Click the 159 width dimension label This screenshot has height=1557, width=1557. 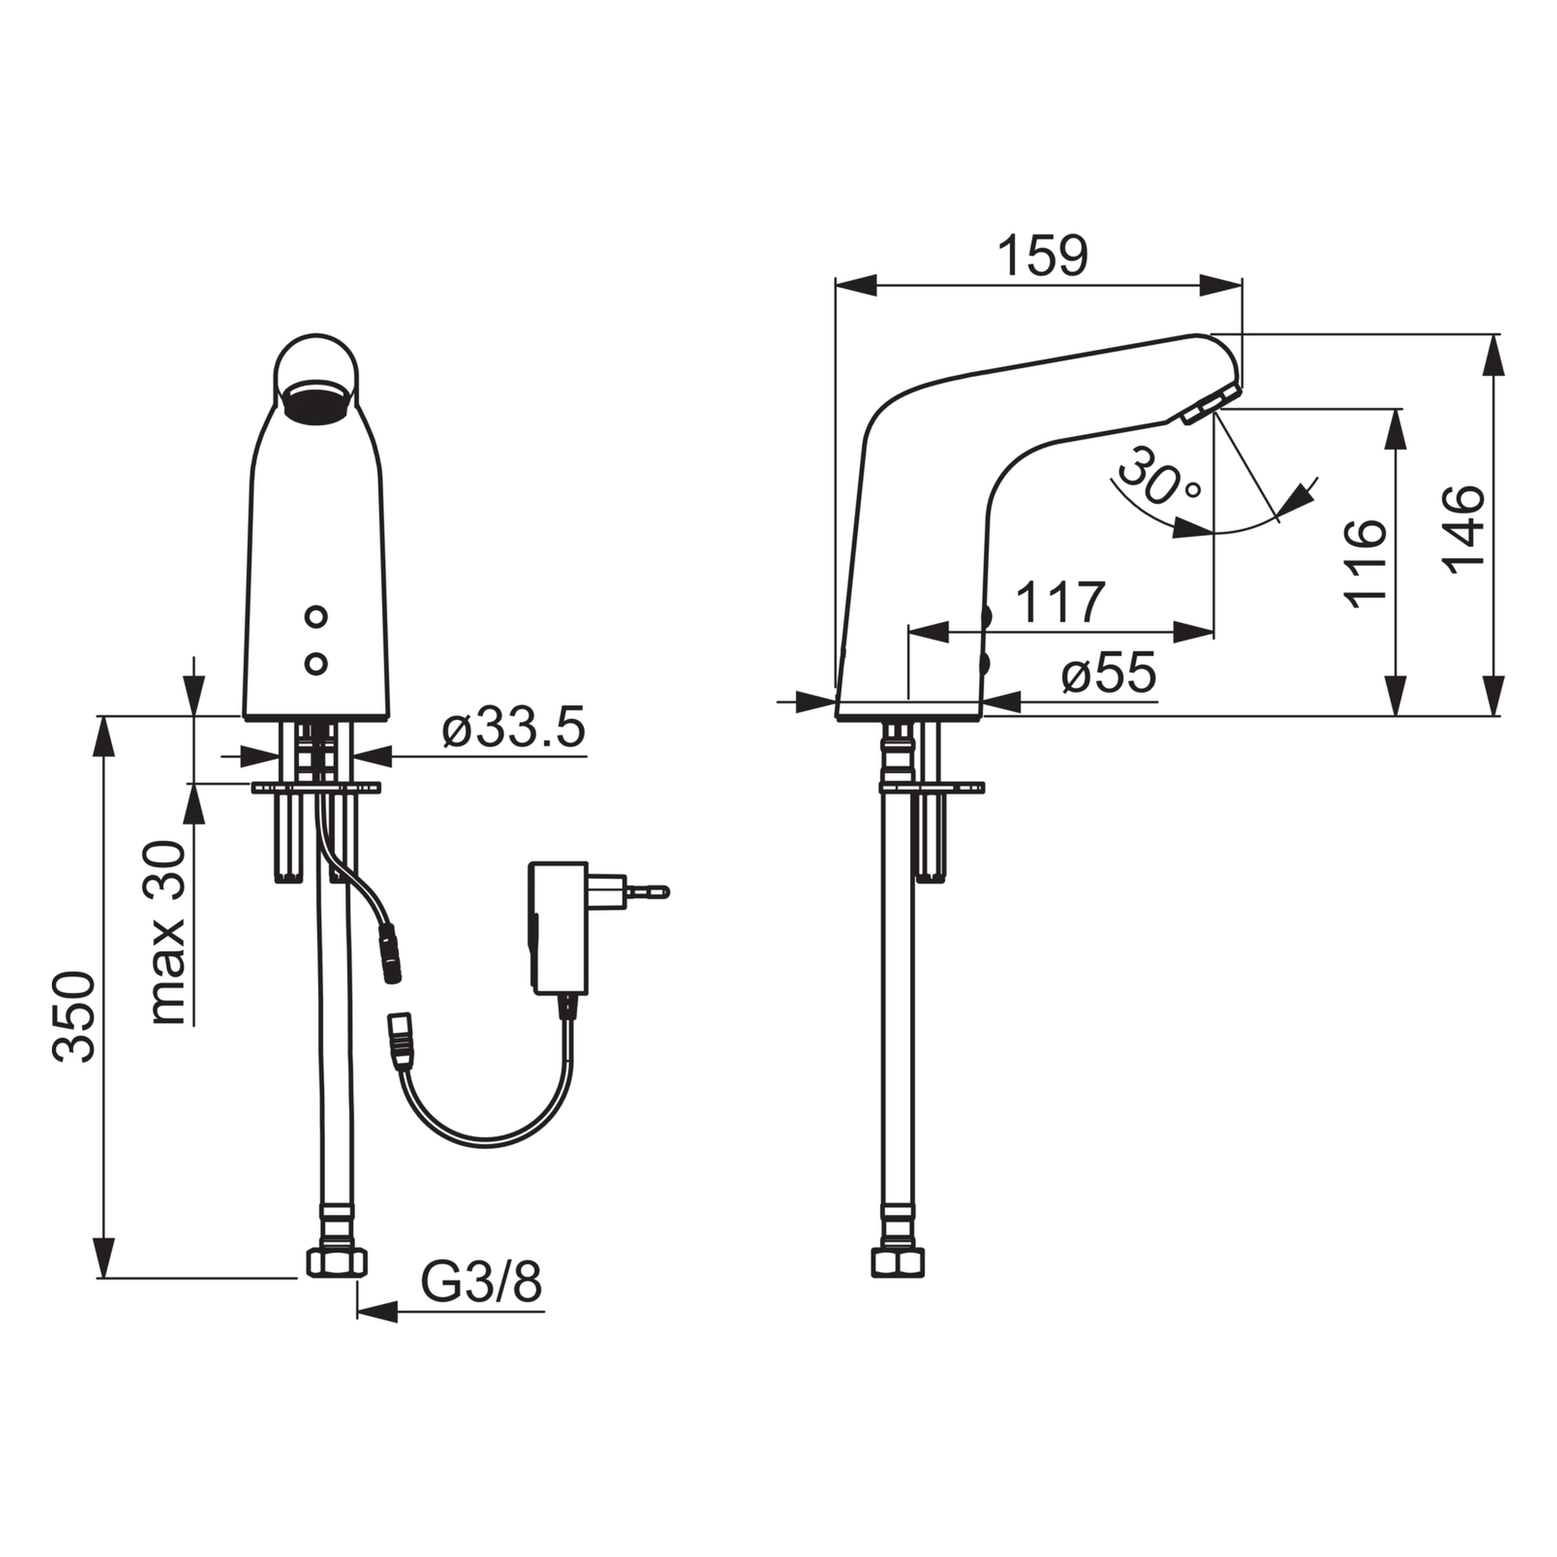[1041, 257]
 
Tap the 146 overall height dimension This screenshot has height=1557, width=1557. [1465, 529]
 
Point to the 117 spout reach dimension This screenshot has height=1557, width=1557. [1060, 603]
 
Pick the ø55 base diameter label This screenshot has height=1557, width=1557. [1109, 673]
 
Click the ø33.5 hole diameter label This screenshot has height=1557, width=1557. [513, 729]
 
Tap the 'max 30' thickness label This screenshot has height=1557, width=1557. [168, 933]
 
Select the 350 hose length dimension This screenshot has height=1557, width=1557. [74, 1016]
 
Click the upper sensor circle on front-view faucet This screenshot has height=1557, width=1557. [316, 617]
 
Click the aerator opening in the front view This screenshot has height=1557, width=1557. [315, 403]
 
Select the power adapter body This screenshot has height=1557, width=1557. [558, 928]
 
